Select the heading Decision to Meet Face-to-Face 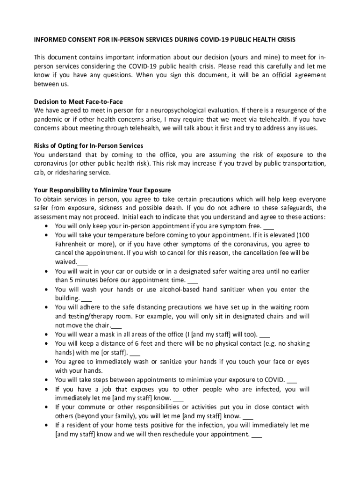[78, 102]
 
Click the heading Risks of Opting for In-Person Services [88, 145]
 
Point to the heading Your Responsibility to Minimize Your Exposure [102, 190]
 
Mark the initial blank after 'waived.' [82, 262]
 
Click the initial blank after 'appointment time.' [193, 281]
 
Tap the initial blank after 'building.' [86, 299]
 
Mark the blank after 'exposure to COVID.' [291, 380]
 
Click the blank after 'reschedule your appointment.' [257, 435]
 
